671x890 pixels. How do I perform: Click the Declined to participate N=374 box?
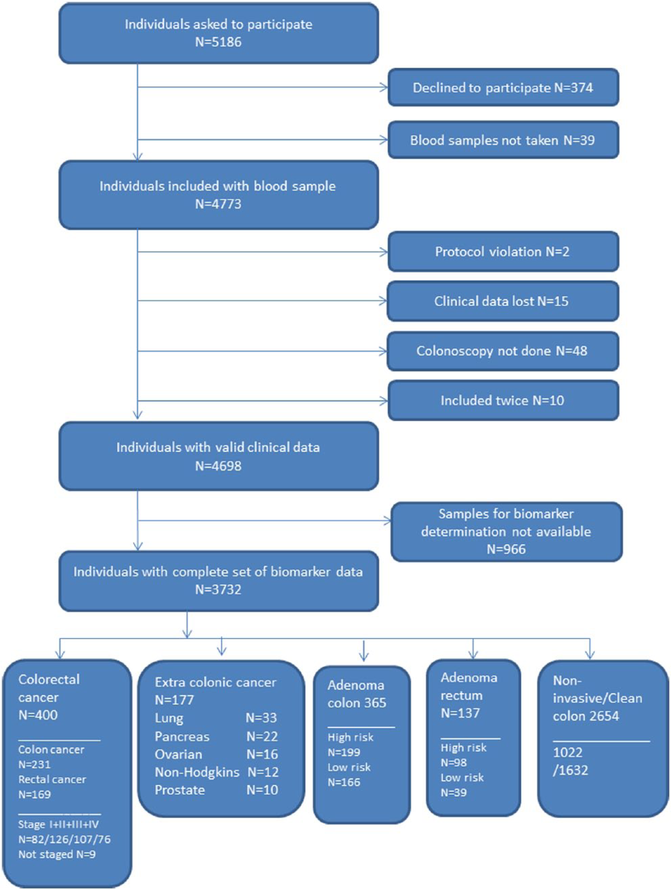503,87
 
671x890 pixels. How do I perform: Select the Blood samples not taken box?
503,140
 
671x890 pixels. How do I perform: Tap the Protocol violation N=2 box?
503,252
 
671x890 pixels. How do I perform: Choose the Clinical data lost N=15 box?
503,301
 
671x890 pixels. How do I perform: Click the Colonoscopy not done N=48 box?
503,351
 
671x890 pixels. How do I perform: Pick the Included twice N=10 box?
503,400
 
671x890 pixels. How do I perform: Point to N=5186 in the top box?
218,42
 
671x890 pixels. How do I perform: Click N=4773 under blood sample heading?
218,204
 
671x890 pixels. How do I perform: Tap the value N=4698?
218,466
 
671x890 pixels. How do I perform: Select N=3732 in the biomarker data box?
218,590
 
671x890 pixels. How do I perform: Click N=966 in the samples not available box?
506,549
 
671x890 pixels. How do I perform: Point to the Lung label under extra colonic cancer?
169,718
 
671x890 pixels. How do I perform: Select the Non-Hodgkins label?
197,772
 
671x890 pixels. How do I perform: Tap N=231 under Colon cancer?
35,764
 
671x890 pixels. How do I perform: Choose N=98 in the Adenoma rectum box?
454,762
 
